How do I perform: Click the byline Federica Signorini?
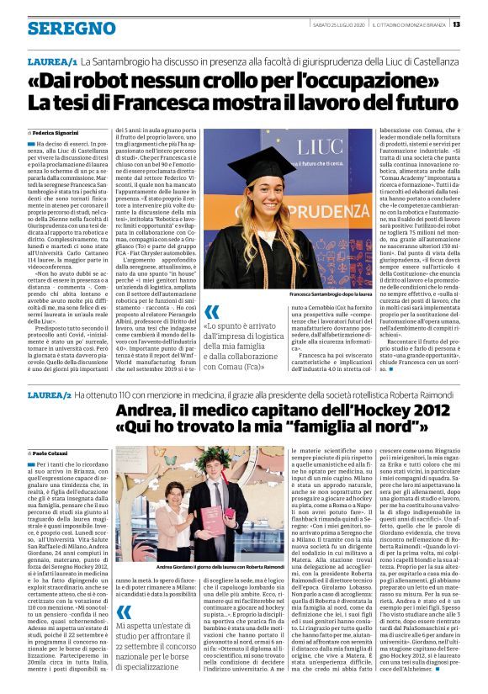(x=57, y=133)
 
